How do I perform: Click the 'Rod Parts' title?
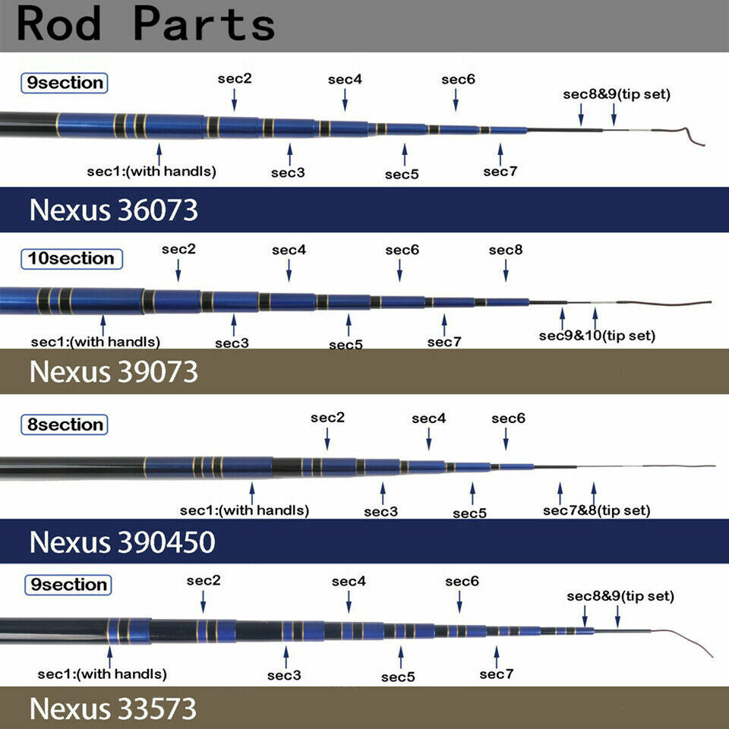(145, 24)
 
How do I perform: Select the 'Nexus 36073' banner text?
(113, 210)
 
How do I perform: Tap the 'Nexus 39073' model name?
(113, 371)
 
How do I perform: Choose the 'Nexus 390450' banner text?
(122, 541)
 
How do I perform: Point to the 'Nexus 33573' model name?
(113, 708)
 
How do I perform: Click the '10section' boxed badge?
(71, 259)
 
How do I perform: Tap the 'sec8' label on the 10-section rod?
(506, 250)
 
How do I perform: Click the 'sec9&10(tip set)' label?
(597, 336)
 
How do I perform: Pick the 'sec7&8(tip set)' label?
(597, 510)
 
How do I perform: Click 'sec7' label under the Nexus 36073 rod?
(500, 172)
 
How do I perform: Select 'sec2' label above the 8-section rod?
(328, 418)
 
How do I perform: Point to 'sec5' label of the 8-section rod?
(469, 513)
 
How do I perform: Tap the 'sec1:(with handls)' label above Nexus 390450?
(245, 510)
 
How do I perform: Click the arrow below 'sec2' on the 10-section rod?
(178, 270)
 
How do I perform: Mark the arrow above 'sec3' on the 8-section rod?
(383, 494)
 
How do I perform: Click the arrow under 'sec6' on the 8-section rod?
(506, 439)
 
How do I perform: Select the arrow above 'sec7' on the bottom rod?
(497, 657)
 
